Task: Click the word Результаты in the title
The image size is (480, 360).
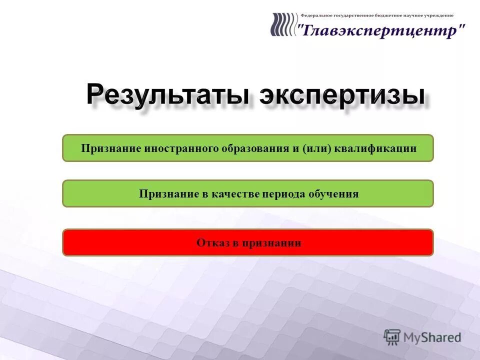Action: point(168,95)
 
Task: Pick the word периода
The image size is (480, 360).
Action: point(283,194)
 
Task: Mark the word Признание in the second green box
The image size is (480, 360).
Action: point(169,194)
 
